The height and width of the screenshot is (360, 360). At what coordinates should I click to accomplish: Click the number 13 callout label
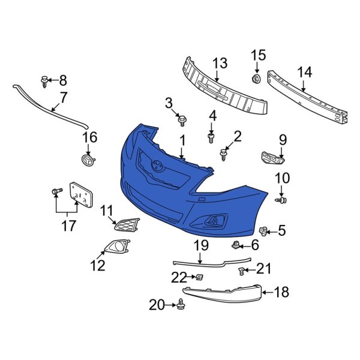point(220,63)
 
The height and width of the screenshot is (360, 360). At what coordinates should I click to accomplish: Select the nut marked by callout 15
point(256,79)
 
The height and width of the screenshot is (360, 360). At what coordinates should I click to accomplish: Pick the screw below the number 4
point(211,138)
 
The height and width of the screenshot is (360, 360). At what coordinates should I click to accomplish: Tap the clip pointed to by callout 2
point(224,155)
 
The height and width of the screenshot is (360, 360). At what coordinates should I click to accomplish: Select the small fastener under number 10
point(283,199)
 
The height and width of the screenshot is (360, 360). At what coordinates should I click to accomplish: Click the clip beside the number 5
point(263,230)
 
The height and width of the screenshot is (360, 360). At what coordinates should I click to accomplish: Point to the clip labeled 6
point(236,244)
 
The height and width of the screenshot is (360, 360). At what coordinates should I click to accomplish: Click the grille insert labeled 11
point(127,225)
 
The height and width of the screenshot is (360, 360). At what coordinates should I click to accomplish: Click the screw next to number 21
point(242,271)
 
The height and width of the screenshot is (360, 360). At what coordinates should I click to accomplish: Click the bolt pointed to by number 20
point(181,306)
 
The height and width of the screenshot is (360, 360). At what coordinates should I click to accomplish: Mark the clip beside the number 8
point(45,80)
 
